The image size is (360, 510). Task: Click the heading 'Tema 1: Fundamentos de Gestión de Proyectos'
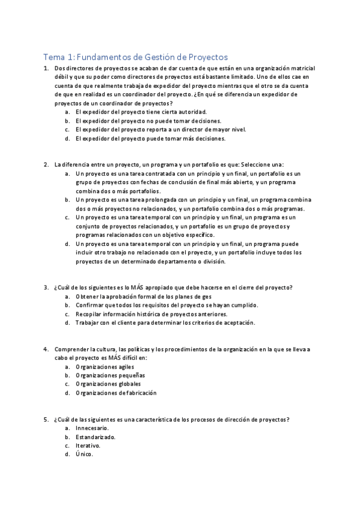pos(135,57)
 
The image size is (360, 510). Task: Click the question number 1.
pos(46,69)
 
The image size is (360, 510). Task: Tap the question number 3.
pos(46,287)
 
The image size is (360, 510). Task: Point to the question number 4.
pos(46,349)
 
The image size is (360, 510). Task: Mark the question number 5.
pos(46,419)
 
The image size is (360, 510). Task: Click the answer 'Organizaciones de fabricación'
pos(116,393)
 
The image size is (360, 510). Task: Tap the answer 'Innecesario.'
pos(92,428)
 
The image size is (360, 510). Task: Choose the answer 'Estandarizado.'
pos(96,437)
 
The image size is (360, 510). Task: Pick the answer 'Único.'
pos(84,454)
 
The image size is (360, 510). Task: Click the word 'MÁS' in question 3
pos(133,287)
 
